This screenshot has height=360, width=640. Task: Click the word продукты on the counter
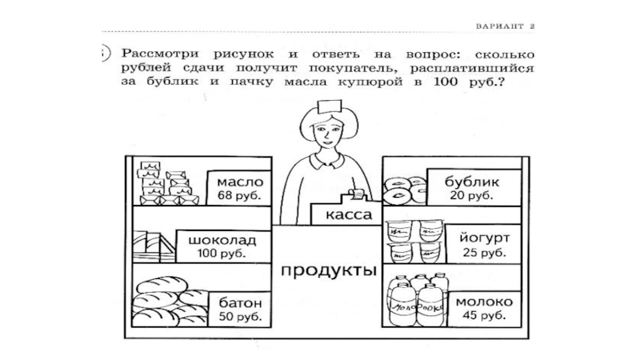[328, 270]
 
